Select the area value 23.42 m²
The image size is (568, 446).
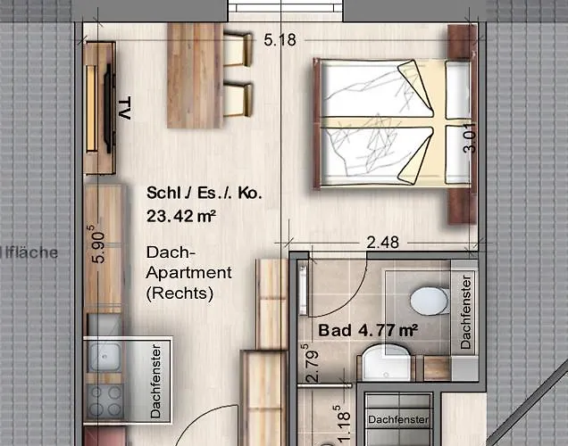tap(183, 215)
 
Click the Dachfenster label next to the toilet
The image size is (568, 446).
tap(466, 312)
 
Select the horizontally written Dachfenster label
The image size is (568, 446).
tap(397, 419)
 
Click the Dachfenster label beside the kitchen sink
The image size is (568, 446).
tap(155, 381)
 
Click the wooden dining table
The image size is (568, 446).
tap(194, 64)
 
